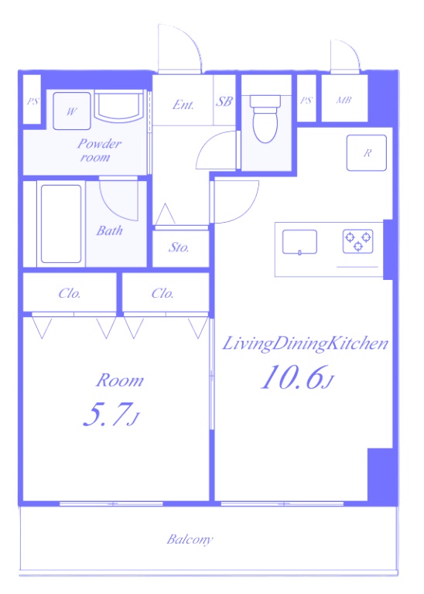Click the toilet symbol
(x=265, y=118)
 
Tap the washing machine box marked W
(x=72, y=111)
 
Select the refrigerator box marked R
(x=367, y=152)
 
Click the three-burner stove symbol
(x=358, y=241)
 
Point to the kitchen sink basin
(x=299, y=241)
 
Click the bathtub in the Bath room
(x=61, y=224)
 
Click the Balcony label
(x=190, y=539)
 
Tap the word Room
(x=120, y=381)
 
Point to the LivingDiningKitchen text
(x=305, y=344)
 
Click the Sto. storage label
(x=179, y=247)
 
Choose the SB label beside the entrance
(x=224, y=101)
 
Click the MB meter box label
(x=344, y=101)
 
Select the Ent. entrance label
(x=183, y=104)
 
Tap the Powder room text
(x=99, y=150)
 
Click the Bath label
(x=110, y=230)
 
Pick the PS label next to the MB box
(x=306, y=101)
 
